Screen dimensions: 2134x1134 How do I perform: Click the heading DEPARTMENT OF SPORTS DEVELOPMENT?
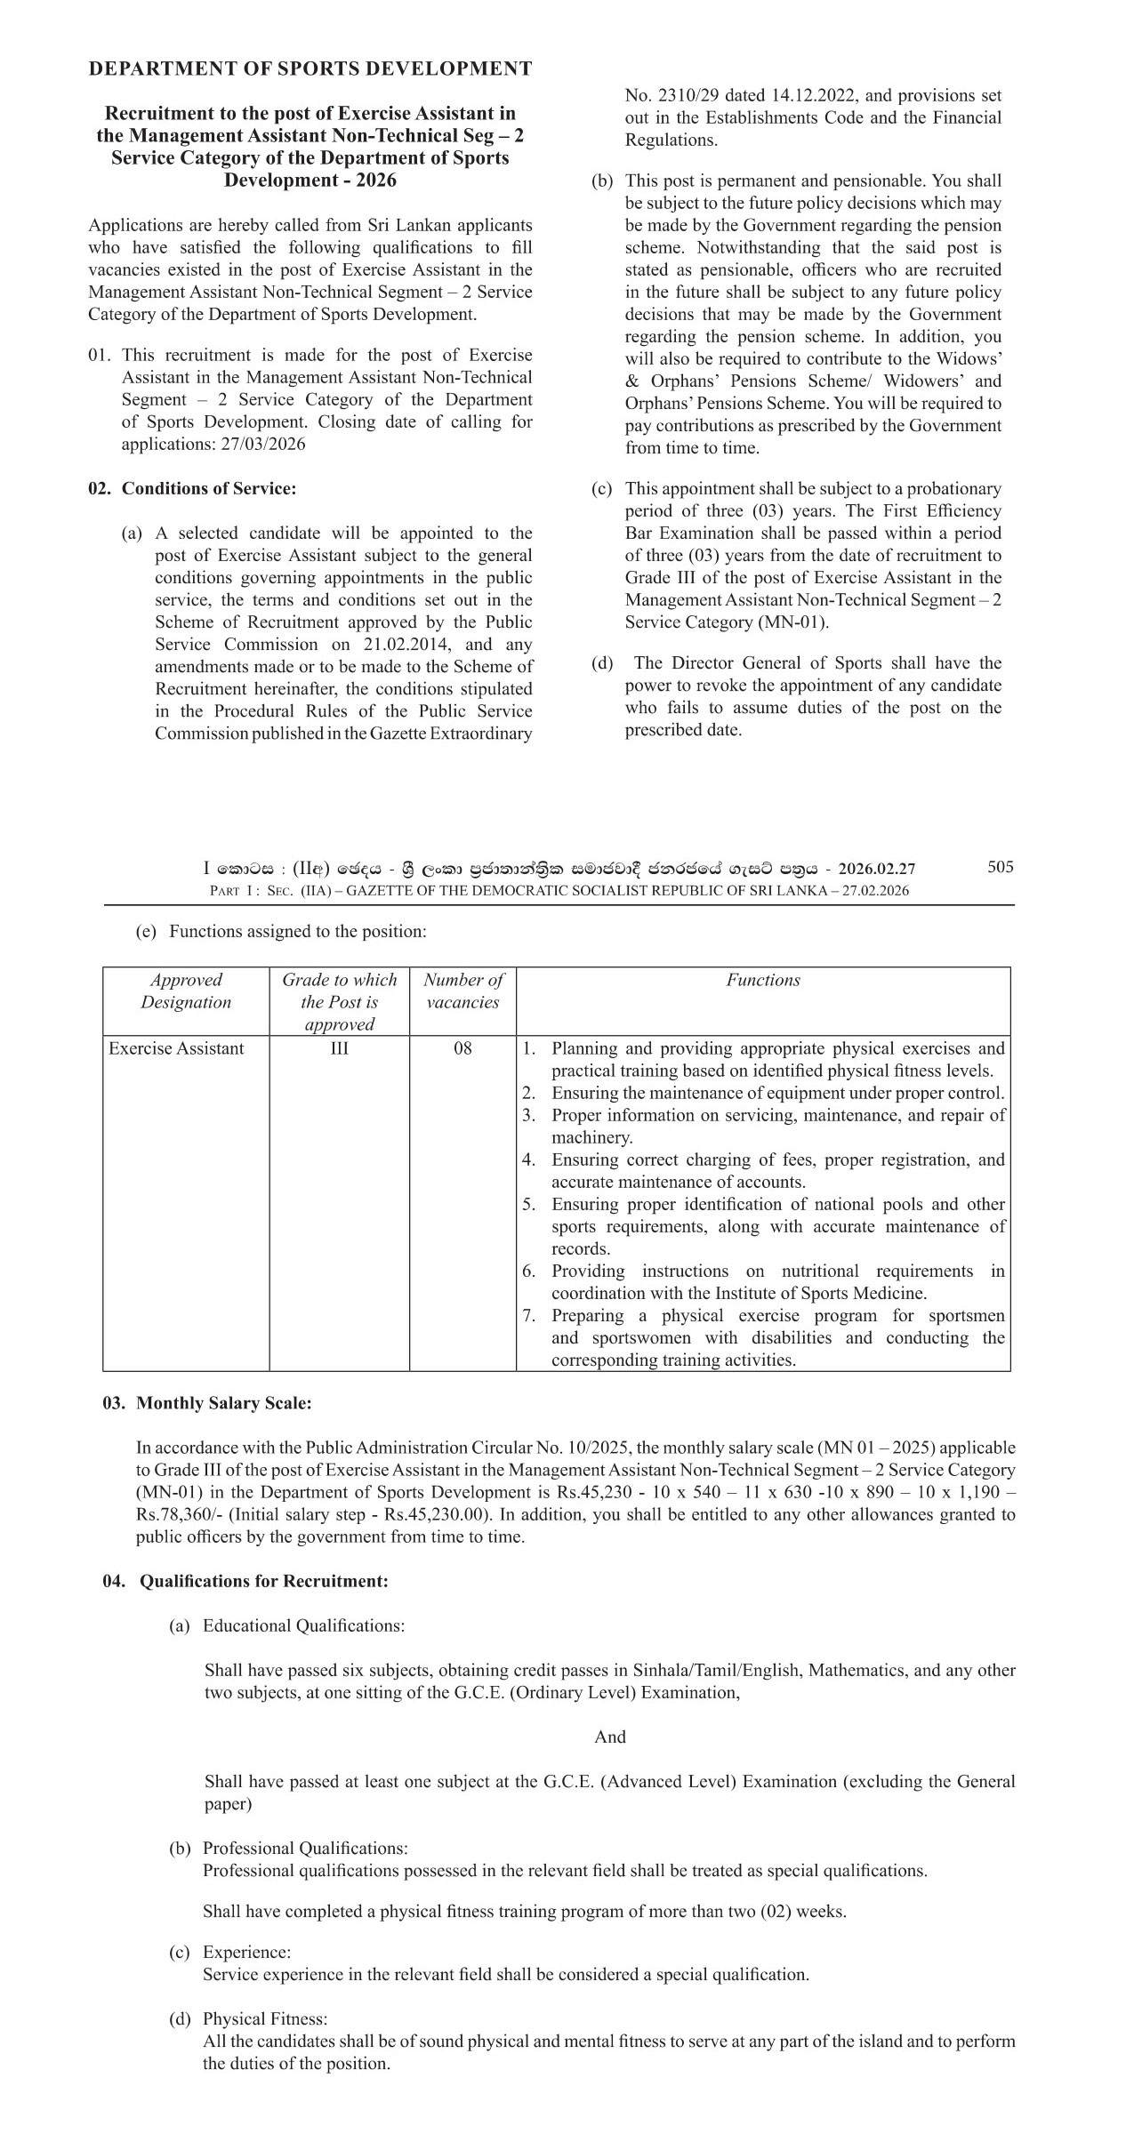click(310, 69)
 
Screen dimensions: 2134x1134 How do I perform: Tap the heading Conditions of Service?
click(208, 488)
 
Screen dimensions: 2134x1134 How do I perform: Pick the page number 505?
click(1001, 867)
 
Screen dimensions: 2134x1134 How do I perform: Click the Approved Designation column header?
click(186, 991)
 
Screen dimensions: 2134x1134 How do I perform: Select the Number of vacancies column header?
click(462, 991)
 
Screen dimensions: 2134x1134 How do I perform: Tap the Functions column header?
click(763, 981)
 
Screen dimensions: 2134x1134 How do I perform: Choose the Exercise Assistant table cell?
click(176, 1048)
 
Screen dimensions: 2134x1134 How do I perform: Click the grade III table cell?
click(339, 1048)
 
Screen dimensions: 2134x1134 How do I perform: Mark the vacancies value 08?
click(462, 1048)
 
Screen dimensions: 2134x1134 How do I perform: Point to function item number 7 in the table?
click(765, 1338)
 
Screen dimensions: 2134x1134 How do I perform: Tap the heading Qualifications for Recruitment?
click(263, 1582)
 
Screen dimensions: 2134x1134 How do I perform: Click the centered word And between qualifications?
click(610, 1737)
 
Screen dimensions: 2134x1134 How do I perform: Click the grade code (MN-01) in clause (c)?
click(792, 622)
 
